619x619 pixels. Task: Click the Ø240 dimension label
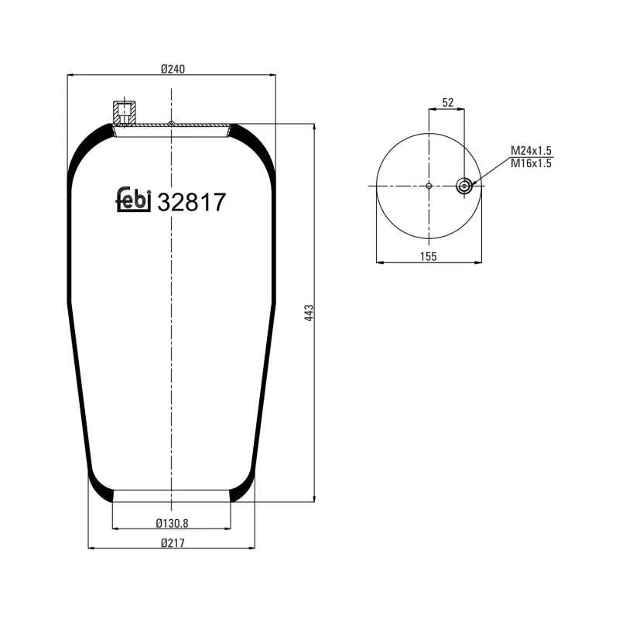tap(173, 69)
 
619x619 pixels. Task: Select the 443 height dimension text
tap(308, 313)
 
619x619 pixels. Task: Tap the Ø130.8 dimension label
tap(172, 522)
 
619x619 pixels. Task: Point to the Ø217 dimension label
tap(172, 542)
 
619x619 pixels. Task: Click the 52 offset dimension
tap(447, 102)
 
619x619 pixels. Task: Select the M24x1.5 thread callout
tap(531, 151)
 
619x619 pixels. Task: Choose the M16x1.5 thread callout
tap(531, 163)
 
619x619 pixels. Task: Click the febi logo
tap(132, 200)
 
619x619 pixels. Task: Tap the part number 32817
tap(191, 203)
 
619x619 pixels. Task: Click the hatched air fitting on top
tap(124, 112)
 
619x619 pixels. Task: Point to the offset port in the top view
tap(464, 185)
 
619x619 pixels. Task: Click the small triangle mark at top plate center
tap(171, 122)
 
